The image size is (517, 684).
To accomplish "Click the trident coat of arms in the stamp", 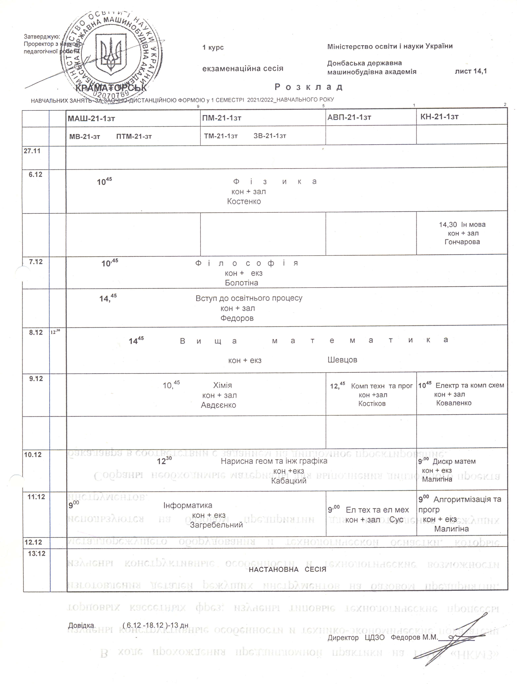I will [110, 54].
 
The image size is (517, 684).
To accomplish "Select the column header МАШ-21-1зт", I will [91, 118].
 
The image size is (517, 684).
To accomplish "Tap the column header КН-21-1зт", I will [439, 117].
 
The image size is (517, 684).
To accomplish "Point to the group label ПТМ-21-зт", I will [134, 136].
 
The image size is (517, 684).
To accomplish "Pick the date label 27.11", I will [32, 151].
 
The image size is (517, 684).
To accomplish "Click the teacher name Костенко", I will [244, 202].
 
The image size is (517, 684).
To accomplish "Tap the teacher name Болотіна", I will [241, 283].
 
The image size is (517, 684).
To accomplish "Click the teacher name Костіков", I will [372, 404].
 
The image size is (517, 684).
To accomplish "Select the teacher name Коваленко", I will [454, 403].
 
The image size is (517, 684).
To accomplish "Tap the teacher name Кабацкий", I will [288, 481].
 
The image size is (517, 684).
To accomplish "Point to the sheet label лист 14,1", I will [471, 71].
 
